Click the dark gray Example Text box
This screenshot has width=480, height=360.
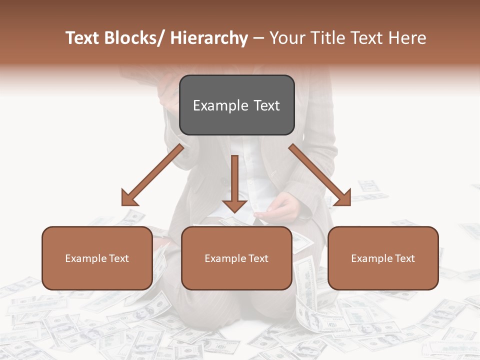236,105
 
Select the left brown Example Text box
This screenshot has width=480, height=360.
97,258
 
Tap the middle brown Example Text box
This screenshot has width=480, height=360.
236,258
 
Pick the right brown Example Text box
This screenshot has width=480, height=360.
383,258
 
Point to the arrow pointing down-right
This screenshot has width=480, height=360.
320,175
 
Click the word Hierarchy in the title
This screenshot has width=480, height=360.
209,38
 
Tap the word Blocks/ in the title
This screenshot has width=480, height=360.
137,38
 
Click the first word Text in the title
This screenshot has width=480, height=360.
83,38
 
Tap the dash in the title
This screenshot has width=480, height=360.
258,38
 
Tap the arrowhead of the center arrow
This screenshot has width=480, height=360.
234,205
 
